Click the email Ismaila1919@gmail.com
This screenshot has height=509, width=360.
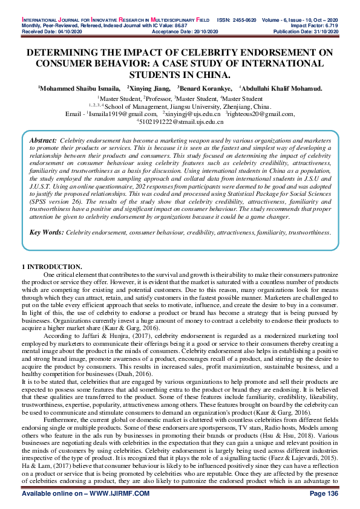pos(123,114)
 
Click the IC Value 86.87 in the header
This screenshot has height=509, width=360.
pos(165,10)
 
